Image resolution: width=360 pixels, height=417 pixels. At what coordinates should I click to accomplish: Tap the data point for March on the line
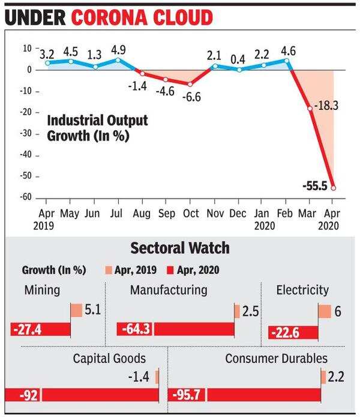pyautogui.click(x=310, y=109)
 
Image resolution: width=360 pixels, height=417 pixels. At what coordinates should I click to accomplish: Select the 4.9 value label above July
pyautogui.click(x=118, y=49)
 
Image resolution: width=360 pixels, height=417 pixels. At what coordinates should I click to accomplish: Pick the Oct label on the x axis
pyautogui.click(x=191, y=213)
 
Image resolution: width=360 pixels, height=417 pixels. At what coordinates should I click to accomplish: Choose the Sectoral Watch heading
pyautogui.click(x=179, y=248)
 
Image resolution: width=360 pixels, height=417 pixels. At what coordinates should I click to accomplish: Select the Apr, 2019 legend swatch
pyautogui.click(x=109, y=270)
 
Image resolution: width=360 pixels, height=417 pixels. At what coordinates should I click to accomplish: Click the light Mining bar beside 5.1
pyautogui.click(x=76, y=311)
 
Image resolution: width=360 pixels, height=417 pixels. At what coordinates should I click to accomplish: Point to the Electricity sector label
pyautogui.click(x=302, y=290)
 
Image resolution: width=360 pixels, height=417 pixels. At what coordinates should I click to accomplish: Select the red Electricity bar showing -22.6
pyautogui.click(x=293, y=332)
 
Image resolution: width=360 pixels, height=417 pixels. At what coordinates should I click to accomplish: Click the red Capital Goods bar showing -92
pyautogui.click(x=81, y=395)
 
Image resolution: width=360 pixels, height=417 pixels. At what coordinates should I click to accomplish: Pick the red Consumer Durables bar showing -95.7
pyautogui.click(x=246, y=395)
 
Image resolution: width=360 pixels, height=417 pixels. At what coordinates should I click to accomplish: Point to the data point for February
pyautogui.click(x=287, y=60)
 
